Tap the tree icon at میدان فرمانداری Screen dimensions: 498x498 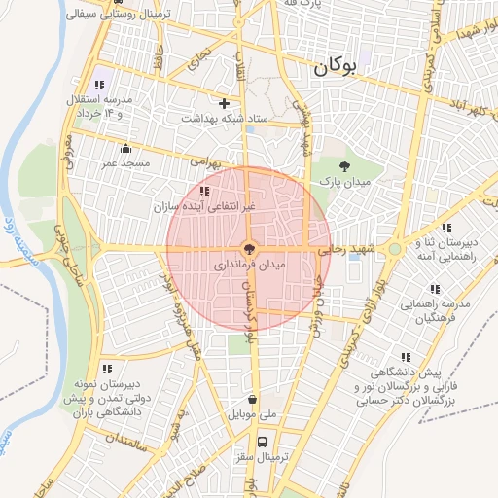(249, 249)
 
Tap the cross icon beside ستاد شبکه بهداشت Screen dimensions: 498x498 (225, 102)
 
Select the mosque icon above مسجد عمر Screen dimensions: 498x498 (125, 149)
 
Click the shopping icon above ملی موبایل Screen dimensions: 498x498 (253, 399)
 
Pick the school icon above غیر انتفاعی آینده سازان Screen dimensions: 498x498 (203, 192)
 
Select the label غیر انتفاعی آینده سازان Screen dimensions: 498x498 (204, 206)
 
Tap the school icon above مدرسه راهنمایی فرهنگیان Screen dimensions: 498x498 (433, 288)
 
